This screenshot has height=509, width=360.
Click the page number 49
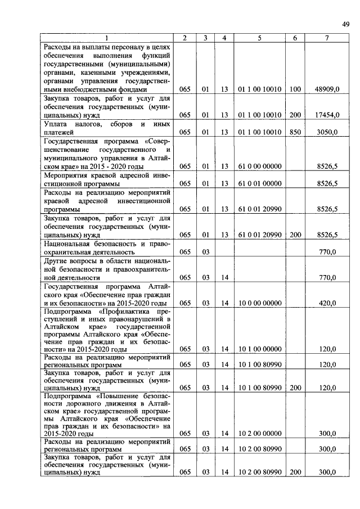click(345, 23)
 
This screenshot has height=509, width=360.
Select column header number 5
click(259, 38)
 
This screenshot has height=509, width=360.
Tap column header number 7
click(327, 38)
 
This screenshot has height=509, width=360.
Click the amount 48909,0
click(327, 89)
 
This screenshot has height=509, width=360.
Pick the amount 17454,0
click(327, 114)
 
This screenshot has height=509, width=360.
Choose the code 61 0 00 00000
click(259, 166)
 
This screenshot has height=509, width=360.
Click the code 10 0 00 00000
click(259, 303)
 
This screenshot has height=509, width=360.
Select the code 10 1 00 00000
click(259, 349)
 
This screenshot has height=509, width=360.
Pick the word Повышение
click(127, 396)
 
